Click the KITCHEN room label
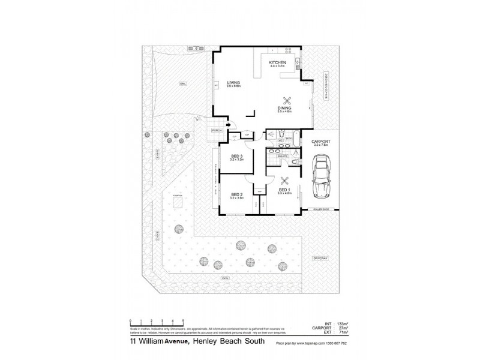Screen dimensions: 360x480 point(277,63)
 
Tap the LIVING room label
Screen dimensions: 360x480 point(233,84)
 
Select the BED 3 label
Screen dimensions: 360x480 point(236,158)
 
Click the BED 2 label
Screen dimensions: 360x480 point(236,194)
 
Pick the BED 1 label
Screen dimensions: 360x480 point(284,190)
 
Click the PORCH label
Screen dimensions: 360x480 point(217,130)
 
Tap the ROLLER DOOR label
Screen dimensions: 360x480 point(322,209)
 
